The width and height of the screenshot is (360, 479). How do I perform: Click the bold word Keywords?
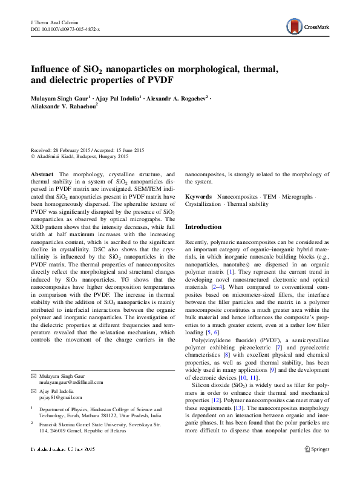198,197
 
